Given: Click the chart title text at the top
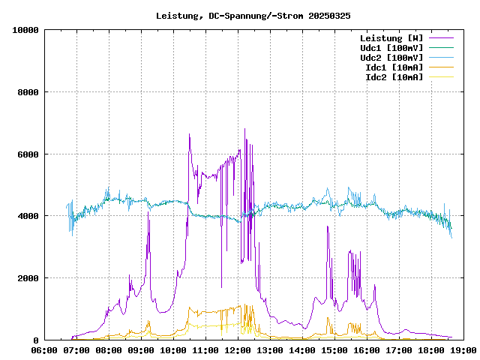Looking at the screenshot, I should click(x=253, y=15).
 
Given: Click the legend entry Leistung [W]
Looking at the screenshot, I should click(x=391, y=37).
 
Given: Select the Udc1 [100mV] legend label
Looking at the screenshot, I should click(x=391, y=47).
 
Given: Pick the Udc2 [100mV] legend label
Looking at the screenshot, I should click(x=391, y=57).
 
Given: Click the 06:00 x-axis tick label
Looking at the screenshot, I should click(x=45, y=349).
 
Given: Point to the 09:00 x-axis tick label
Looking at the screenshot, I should click(x=141, y=349).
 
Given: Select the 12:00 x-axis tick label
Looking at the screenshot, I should click(x=238, y=349).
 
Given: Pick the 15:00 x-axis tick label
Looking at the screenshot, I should click(x=334, y=349).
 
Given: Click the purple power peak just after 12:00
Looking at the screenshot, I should click(x=244, y=130).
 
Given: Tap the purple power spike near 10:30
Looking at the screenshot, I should click(x=189, y=135).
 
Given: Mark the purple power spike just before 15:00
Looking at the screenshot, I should click(x=328, y=226).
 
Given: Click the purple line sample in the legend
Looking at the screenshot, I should click(x=441, y=37).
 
